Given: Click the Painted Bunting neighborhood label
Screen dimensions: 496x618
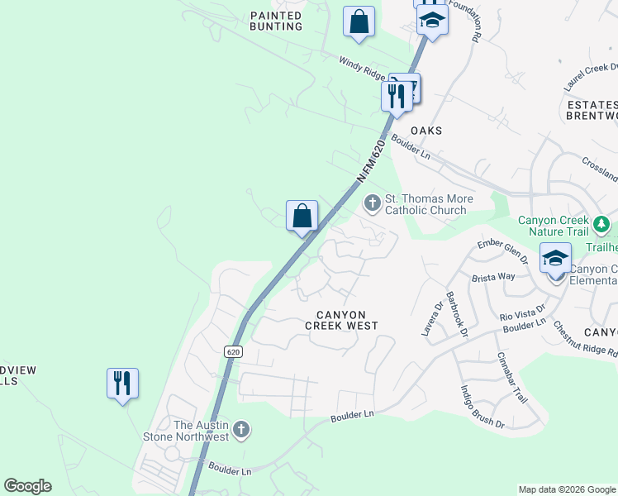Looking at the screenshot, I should click(x=276, y=21).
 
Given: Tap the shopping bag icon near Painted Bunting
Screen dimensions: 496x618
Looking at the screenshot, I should click(x=359, y=23).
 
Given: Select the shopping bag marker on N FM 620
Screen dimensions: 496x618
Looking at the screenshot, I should click(x=302, y=217).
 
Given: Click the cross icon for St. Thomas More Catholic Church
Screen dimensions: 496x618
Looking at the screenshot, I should click(x=373, y=202).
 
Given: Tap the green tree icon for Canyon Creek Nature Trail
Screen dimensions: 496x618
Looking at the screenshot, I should click(x=602, y=223).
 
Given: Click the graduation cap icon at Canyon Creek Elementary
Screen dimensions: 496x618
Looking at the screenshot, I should click(x=555, y=259).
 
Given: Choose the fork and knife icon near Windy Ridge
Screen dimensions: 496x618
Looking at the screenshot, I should click(x=396, y=96).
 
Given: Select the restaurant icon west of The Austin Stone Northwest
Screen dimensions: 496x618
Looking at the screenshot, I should click(x=122, y=384).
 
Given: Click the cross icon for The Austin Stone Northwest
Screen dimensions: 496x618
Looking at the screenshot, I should click(x=240, y=429).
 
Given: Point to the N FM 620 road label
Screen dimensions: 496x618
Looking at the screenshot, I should click(x=372, y=161).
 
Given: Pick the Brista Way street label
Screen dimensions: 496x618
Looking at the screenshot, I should click(x=492, y=277).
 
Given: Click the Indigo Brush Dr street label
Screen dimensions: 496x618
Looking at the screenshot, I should click(x=482, y=408).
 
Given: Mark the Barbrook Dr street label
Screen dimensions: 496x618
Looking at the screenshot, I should click(x=457, y=314).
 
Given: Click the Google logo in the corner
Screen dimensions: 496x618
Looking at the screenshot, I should click(x=27, y=486).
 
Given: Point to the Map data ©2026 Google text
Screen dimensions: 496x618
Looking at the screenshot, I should click(x=567, y=489).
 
